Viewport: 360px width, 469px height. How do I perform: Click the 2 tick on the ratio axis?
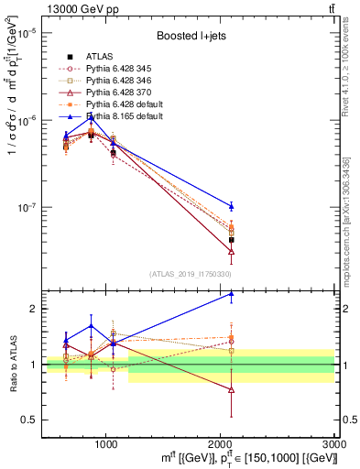point(33,309)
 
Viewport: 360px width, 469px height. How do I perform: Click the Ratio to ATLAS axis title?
point(13,364)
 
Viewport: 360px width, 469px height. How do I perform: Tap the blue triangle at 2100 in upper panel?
point(231,206)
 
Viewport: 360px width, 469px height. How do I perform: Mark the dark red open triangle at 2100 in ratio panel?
point(231,389)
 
